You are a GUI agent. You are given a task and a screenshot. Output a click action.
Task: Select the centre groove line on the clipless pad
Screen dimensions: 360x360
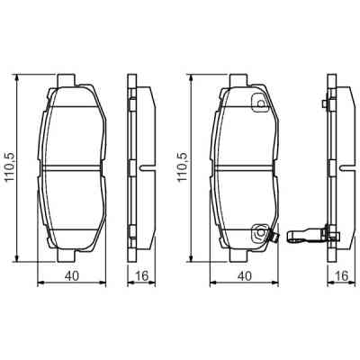pyautogui.click(x=73, y=167)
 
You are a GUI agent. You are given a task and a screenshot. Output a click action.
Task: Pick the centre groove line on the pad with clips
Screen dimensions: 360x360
pyautogui.click(x=244, y=167)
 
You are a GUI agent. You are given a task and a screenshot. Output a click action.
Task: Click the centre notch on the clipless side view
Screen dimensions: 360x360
pyautogui.click(x=143, y=167)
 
